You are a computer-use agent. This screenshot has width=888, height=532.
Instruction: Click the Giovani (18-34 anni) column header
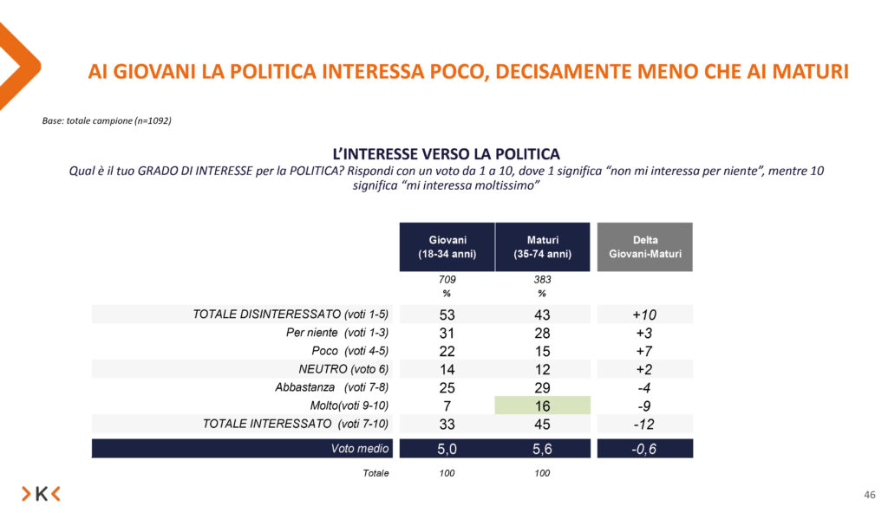coord(447,246)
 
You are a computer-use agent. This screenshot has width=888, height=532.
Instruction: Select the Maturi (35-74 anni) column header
coord(543,246)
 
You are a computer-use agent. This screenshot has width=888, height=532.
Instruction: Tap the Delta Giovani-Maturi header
coord(645,246)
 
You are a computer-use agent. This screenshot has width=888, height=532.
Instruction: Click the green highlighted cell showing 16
coord(543,405)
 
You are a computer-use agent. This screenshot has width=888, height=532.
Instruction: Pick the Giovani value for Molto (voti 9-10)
coord(447,405)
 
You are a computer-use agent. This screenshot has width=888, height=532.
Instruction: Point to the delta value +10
coord(645,314)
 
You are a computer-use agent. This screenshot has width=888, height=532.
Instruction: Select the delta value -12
coord(645,424)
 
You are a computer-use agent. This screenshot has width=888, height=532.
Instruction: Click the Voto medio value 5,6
coord(543,449)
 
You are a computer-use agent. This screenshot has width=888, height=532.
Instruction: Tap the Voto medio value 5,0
coord(447,449)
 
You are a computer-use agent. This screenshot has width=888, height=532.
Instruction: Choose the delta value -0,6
coord(645,449)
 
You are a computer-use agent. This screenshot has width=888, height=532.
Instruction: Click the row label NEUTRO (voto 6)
coord(345,369)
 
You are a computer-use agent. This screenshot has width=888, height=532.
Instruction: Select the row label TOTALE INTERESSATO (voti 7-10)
coord(296,424)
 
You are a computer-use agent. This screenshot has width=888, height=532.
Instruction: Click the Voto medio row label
coord(360,449)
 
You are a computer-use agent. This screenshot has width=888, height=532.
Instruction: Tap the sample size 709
coord(447,280)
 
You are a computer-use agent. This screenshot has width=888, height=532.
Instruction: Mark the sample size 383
coord(543,280)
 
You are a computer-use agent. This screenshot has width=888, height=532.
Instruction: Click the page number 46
coord(870,495)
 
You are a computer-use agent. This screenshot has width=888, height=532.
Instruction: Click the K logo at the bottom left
coord(41,494)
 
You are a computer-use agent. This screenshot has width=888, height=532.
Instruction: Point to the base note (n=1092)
coord(107,120)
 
